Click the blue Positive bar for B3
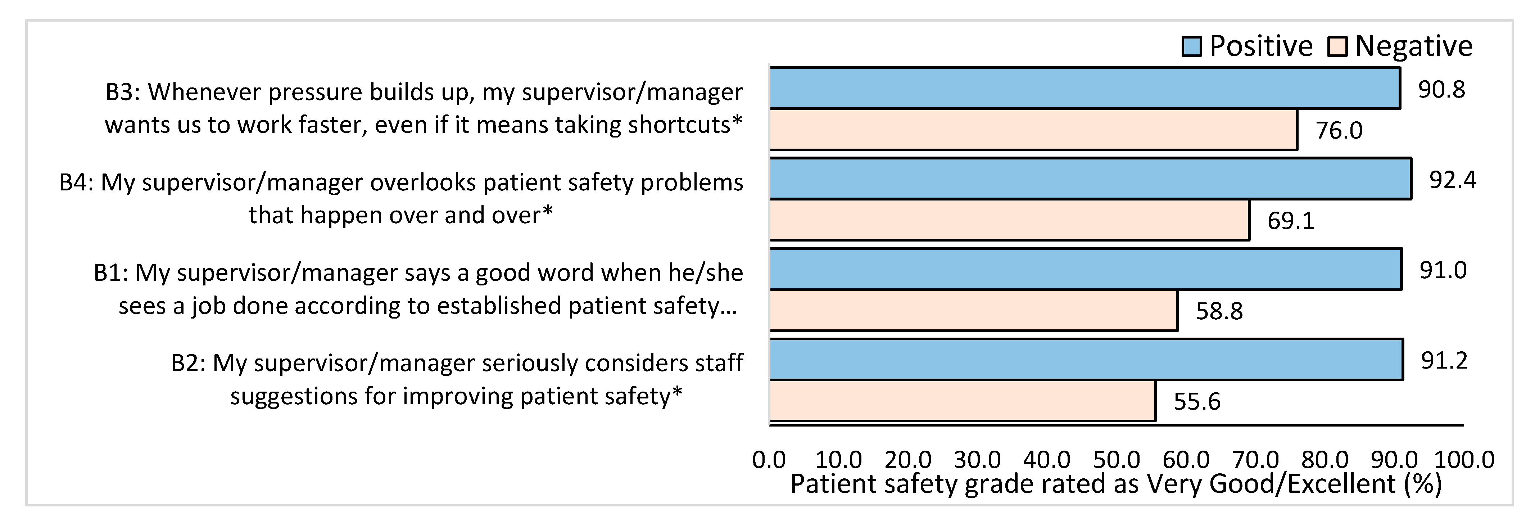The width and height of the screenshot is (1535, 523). point(1085,88)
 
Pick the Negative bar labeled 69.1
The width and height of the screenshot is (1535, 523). point(1009,220)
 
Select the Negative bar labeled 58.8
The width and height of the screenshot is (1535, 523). point(973,310)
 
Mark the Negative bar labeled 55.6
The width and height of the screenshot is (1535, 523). point(963,401)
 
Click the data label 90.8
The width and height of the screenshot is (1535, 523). point(1441,90)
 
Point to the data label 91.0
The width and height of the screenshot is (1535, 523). point(1443,270)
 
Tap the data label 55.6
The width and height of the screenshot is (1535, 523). point(1196,401)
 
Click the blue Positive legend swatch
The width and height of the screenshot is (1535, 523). point(1191,46)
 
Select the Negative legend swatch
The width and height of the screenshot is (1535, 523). point(1337,46)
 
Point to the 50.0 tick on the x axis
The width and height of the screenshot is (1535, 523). point(1116,460)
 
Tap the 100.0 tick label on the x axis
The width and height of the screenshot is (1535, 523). point(1463,460)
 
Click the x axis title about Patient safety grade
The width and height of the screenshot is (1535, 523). point(1115,484)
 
